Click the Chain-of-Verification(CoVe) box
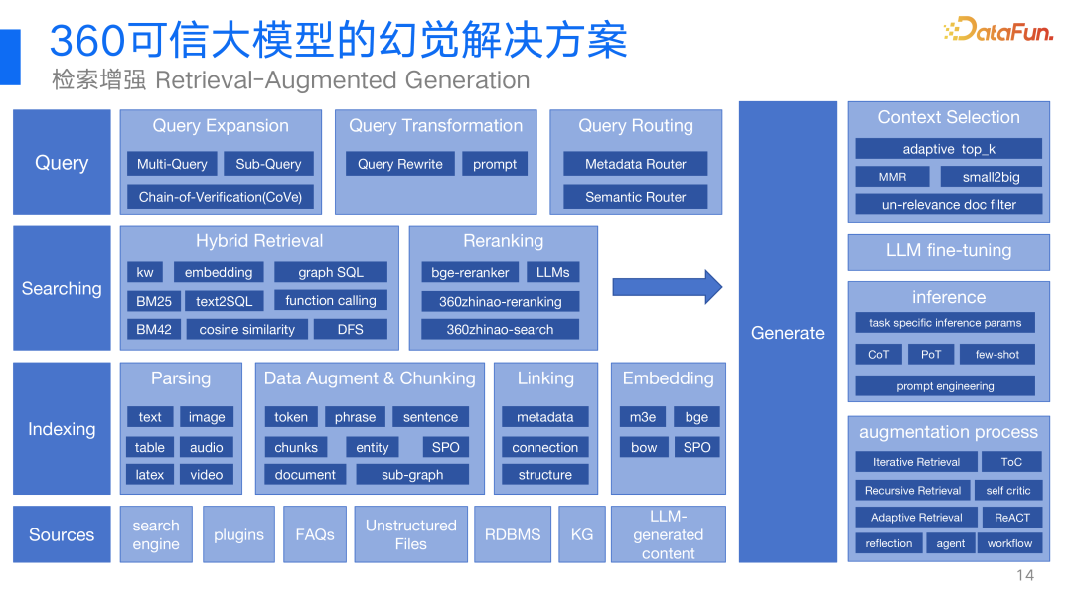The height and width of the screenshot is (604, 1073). tap(220, 197)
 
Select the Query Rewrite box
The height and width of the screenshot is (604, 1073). tap(400, 164)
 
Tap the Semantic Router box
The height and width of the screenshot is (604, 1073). tap(635, 197)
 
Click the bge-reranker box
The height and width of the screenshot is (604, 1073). tap(470, 272)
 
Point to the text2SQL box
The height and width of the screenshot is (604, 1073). tap(224, 301)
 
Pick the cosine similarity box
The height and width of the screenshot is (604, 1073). tap(246, 329)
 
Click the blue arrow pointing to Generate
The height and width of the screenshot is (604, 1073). tap(667, 287)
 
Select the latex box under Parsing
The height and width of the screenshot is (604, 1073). tap(150, 475)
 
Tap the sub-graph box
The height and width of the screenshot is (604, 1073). tap(412, 475)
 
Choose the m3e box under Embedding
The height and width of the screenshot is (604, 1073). tap(643, 417)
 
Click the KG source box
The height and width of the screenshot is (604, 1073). tap(582, 534)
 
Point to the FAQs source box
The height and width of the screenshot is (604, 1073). tap(315, 534)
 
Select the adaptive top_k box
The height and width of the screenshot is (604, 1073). tap(949, 149)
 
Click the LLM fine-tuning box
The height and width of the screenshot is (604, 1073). tap(949, 251)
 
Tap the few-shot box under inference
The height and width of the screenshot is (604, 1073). tap(996, 354)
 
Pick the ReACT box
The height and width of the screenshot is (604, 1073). tap(1011, 517)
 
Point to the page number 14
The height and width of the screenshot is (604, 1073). tap(1025, 576)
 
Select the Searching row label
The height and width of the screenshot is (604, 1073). tap(62, 288)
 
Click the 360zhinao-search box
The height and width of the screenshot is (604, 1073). tap(500, 329)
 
